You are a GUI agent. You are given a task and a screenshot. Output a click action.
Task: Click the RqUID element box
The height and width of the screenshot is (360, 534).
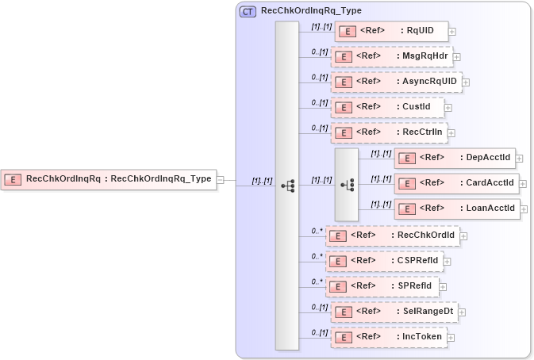pyautogui.click(x=392, y=31)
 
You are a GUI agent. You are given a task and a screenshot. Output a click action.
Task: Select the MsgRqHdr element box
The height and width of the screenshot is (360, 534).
pyautogui.click(x=391, y=56)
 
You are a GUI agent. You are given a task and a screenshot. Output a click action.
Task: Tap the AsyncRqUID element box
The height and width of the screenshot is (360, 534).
pyautogui.click(x=396, y=81)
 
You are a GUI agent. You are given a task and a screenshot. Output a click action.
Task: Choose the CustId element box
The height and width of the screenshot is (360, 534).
pyautogui.click(x=387, y=107)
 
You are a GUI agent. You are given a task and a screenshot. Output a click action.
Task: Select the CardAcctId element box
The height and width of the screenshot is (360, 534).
pyautogui.click(x=456, y=183)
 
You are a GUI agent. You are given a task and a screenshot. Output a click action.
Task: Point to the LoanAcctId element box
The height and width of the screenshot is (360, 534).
pyautogui.click(x=456, y=209)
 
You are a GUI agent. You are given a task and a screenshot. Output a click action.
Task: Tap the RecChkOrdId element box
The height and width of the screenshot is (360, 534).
pyautogui.click(x=392, y=235)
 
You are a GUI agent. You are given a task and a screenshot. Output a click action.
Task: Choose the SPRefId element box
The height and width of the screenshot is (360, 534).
pyautogui.click(x=382, y=285)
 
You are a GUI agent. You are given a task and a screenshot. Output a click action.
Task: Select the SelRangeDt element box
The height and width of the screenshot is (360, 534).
pyautogui.click(x=394, y=312)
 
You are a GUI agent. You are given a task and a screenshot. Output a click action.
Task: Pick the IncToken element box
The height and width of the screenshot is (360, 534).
pyautogui.click(x=389, y=337)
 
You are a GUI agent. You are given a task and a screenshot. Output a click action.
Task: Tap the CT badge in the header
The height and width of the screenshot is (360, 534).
pyautogui.click(x=248, y=11)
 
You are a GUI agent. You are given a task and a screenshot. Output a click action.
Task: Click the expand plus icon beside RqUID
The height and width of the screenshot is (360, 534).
pyautogui.click(x=452, y=32)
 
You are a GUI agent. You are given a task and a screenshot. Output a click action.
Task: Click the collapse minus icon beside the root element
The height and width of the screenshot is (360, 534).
pyautogui.click(x=221, y=180)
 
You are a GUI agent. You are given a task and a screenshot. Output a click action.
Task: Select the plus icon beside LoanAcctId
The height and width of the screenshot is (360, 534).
pyautogui.click(x=524, y=209)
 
